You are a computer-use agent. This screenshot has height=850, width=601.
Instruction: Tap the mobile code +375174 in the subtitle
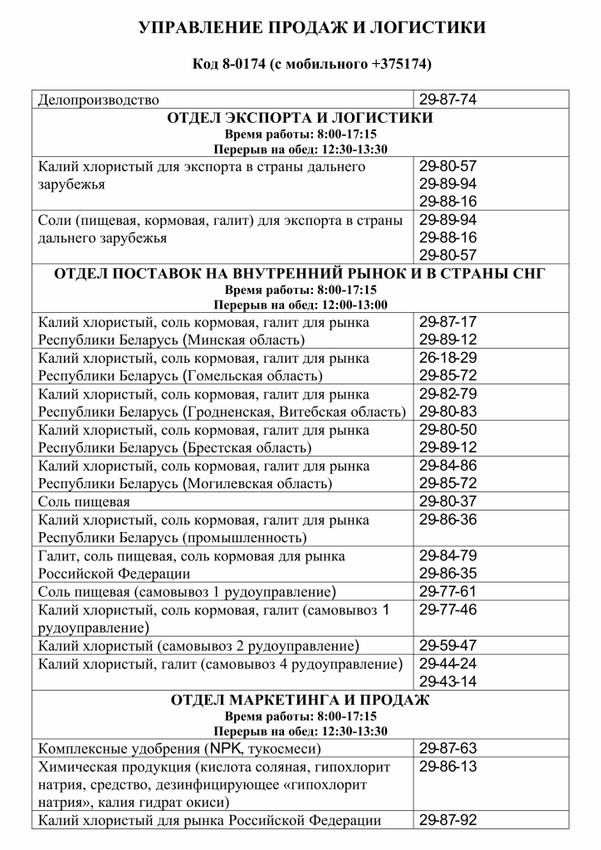[401, 64]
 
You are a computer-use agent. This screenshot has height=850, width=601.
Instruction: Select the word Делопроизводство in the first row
[99, 100]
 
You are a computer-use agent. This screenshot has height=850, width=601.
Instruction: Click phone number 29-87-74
[447, 100]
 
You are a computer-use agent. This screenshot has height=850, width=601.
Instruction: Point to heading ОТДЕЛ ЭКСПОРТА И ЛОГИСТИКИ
[300, 119]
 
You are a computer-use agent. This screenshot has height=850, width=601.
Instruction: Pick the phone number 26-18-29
[447, 358]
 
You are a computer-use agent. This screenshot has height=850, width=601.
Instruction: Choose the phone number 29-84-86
[447, 466]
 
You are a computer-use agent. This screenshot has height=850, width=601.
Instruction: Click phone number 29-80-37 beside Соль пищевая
[447, 501]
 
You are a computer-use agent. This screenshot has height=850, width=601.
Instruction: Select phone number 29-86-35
[447, 574]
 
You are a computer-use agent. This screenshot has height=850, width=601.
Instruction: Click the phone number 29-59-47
[447, 645]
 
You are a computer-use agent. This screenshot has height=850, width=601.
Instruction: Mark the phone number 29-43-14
[447, 681]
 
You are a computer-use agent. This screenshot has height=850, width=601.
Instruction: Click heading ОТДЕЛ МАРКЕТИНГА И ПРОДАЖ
[300, 700]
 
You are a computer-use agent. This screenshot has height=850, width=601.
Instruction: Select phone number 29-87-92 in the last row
[447, 820]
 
